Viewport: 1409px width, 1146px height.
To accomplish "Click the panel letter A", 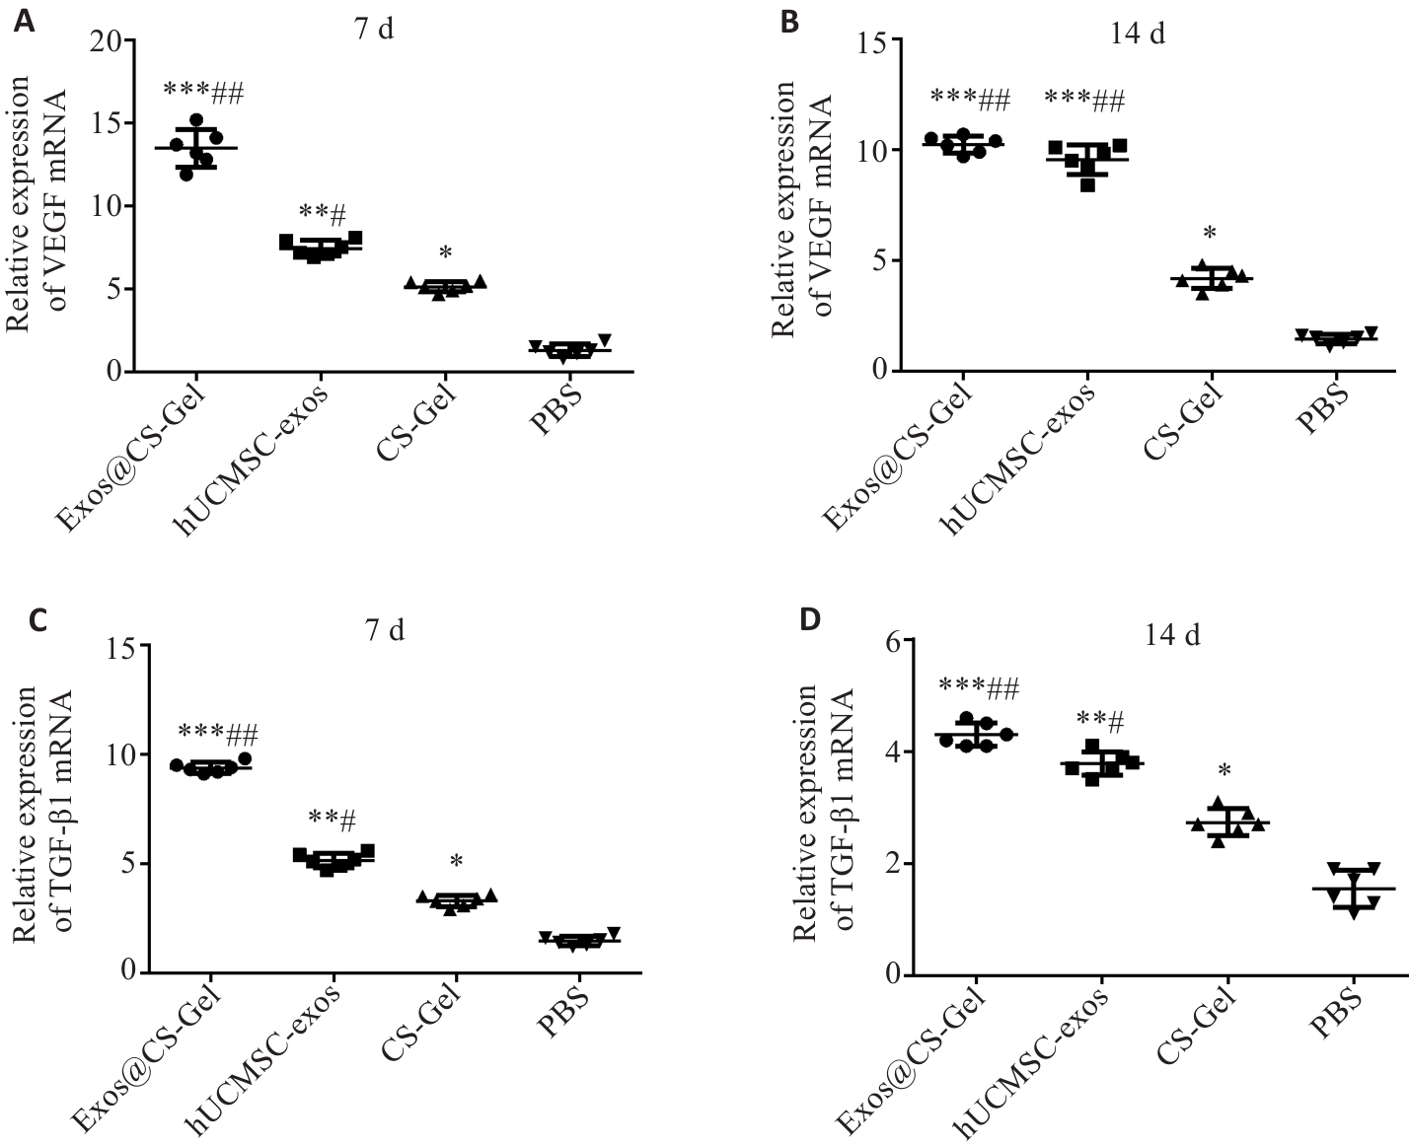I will click(x=23, y=21).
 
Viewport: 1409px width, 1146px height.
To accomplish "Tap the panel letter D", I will click(x=809, y=620).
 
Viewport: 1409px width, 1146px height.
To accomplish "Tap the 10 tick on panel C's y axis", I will click(x=119, y=755).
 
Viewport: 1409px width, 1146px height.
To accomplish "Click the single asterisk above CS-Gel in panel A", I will click(x=445, y=251).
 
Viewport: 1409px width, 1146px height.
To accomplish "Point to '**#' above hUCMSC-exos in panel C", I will click(x=332, y=818).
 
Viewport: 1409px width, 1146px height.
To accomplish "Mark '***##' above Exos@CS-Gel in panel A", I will click(x=203, y=93).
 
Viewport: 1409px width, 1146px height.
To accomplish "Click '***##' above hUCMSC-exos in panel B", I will click(x=1084, y=99).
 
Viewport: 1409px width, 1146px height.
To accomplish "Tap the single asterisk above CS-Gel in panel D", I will click(x=1224, y=770).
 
